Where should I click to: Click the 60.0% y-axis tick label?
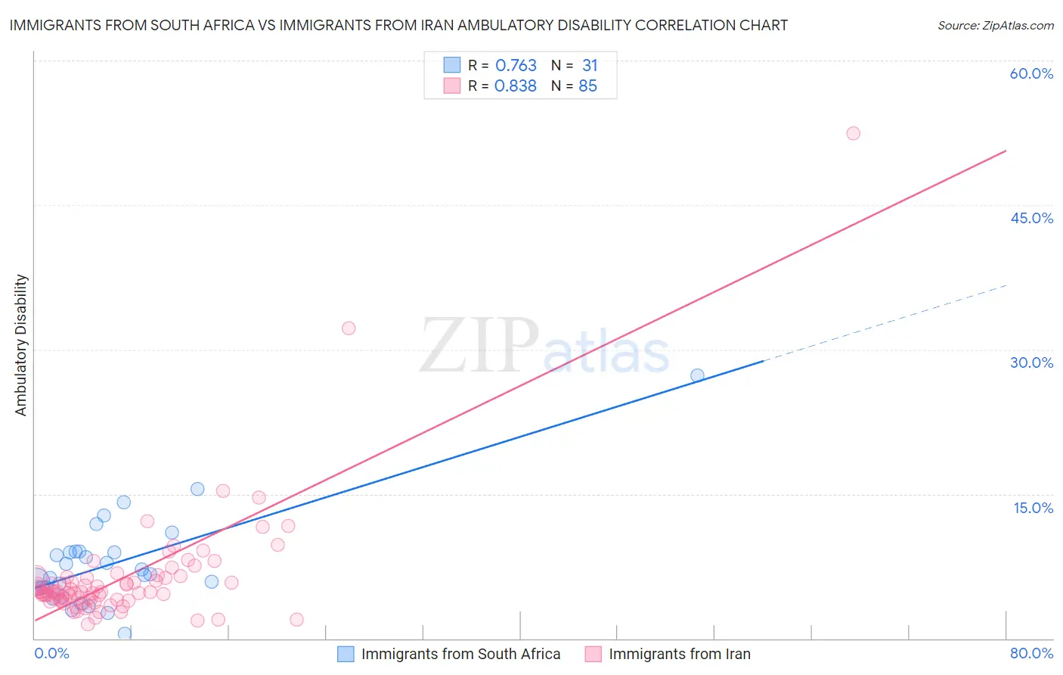point(1031,73)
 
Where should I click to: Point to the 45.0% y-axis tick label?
point(1031,218)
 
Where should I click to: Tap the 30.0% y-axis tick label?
point(1031,362)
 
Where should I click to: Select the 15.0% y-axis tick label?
point(1033,508)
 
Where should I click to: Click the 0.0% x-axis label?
point(51,653)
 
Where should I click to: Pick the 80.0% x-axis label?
point(1031,653)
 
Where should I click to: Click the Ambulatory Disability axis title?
point(21,345)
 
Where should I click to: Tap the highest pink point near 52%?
point(853,133)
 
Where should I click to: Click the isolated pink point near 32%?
point(349,328)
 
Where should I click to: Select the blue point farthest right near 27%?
point(697,375)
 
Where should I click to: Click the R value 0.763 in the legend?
point(516,66)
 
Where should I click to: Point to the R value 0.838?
point(516,86)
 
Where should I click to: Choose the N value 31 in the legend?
point(590,66)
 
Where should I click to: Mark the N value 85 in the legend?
point(587,86)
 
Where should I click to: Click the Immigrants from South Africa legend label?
point(460,654)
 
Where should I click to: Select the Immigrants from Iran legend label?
point(679,654)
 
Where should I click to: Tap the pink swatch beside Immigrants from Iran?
point(593,654)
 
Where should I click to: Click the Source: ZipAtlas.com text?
point(995,26)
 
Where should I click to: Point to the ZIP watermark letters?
point(479,345)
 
